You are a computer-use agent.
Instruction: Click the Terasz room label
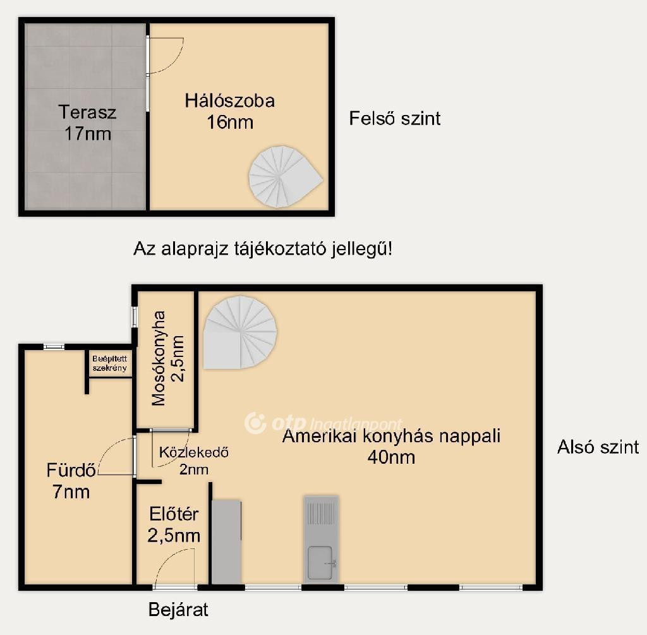click(x=87, y=112)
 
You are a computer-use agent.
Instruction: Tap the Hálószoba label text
click(x=229, y=101)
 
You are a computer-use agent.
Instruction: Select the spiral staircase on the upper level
click(x=286, y=176)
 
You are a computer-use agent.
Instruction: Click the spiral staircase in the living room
click(x=240, y=332)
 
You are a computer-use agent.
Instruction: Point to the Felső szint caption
click(x=395, y=118)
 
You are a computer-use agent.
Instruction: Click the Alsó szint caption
click(x=598, y=447)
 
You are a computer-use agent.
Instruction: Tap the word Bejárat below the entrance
click(x=178, y=610)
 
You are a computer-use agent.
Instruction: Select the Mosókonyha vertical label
click(x=159, y=358)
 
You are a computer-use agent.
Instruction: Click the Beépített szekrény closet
click(x=110, y=363)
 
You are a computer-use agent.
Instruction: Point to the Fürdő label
click(x=71, y=470)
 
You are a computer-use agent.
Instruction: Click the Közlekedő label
click(x=194, y=452)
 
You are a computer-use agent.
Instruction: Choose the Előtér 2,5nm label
click(x=174, y=525)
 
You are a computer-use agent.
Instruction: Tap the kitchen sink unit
click(x=321, y=540)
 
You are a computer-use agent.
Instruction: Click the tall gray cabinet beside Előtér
click(x=226, y=541)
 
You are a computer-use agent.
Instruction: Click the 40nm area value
click(x=391, y=457)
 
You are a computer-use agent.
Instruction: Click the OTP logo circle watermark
click(x=255, y=423)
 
